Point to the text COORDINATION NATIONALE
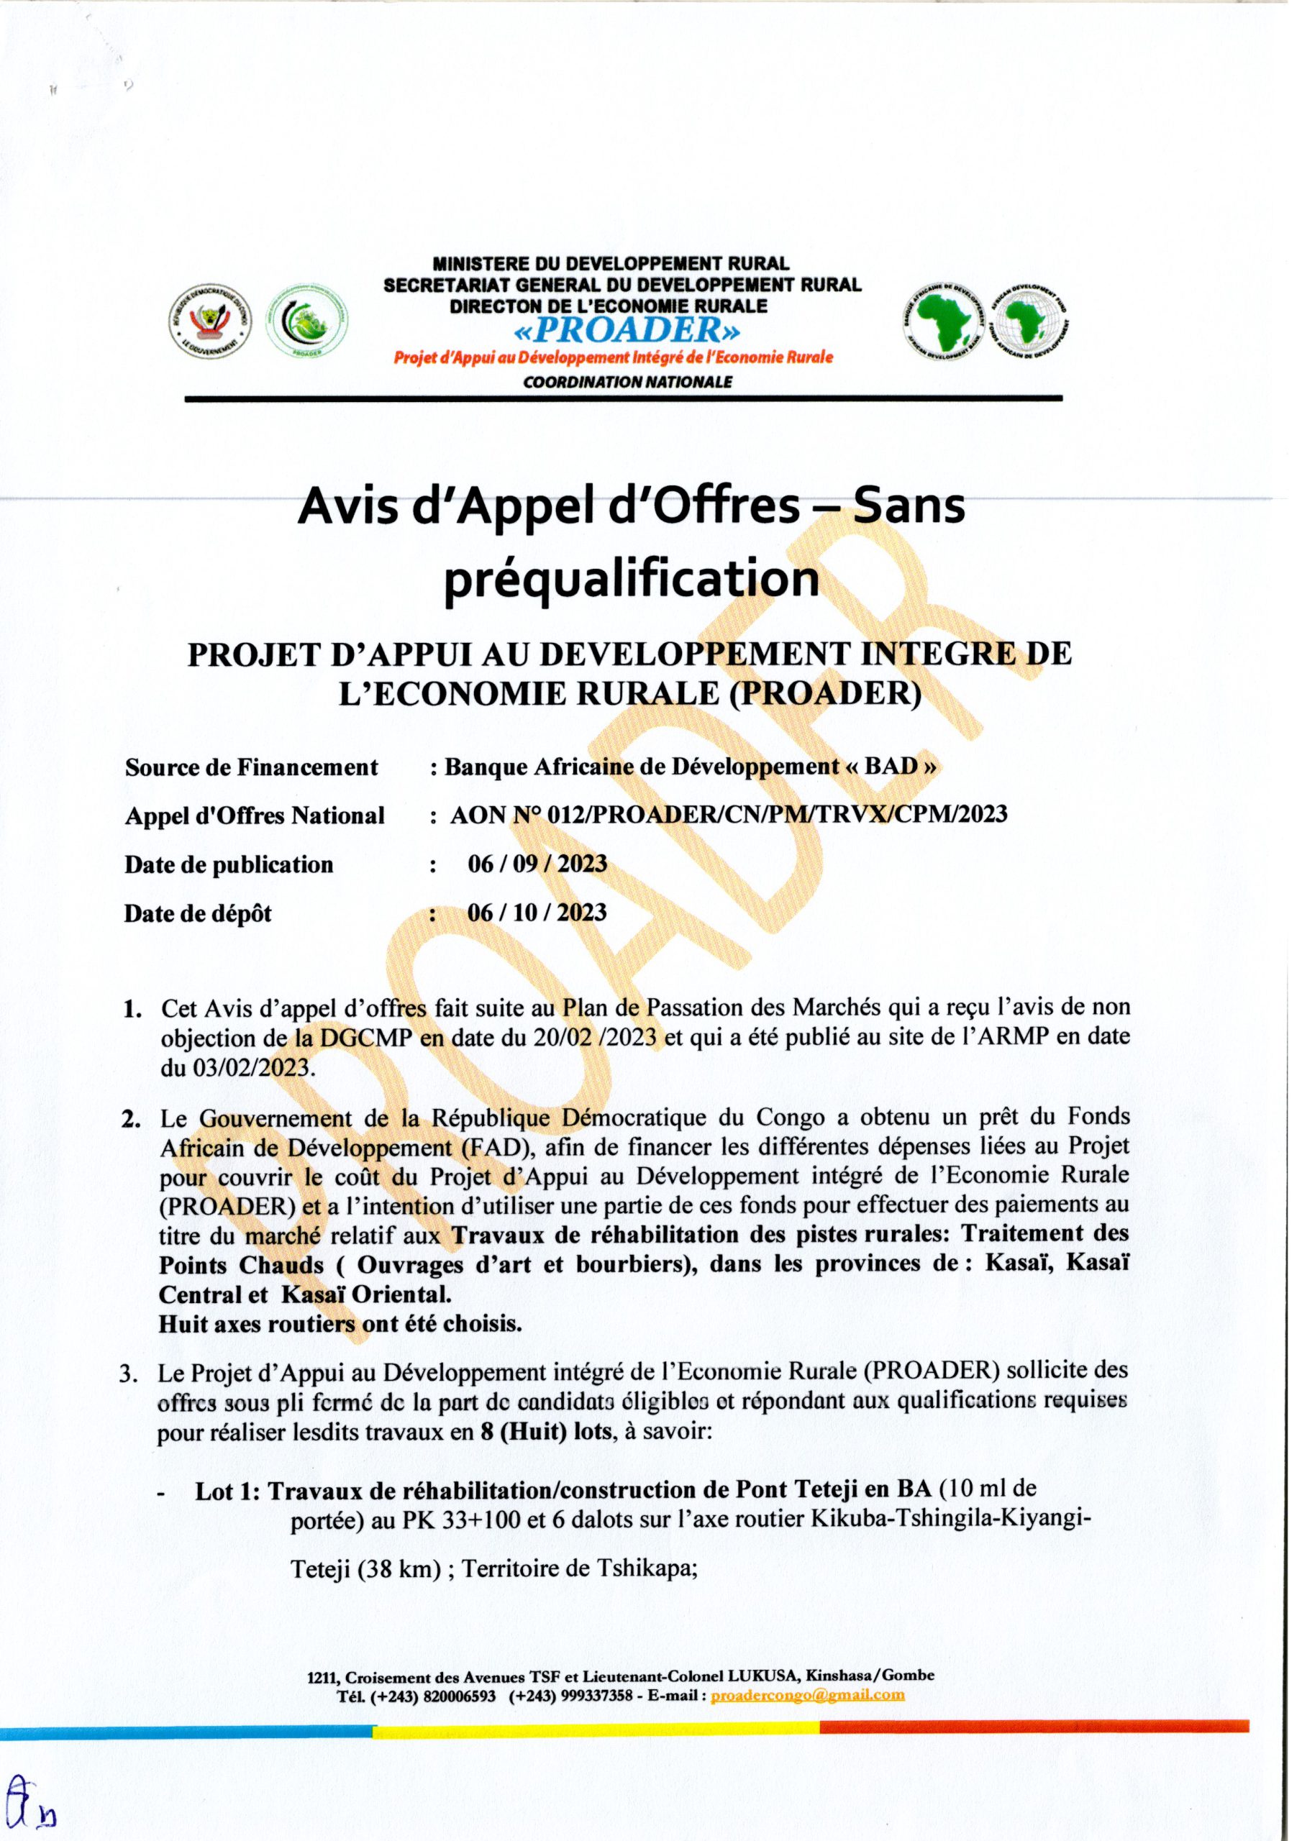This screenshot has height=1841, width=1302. (x=627, y=383)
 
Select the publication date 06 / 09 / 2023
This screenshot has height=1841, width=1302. (x=537, y=864)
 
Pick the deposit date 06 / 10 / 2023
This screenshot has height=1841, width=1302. (x=537, y=913)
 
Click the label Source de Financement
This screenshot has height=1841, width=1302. (x=251, y=767)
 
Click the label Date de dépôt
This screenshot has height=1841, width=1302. (x=197, y=913)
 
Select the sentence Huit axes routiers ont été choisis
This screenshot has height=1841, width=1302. (x=340, y=1324)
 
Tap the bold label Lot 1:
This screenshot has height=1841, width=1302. (x=229, y=1491)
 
